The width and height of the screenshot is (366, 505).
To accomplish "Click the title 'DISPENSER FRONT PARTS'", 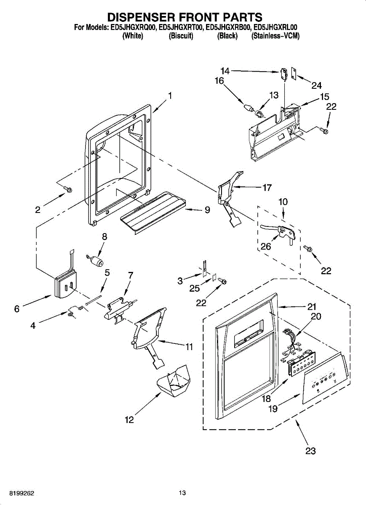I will (185, 17).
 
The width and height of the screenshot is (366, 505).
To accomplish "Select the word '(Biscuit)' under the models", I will (181, 36).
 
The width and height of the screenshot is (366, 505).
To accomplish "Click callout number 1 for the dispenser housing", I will (170, 96).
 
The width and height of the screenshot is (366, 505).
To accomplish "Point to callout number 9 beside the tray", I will (207, 210).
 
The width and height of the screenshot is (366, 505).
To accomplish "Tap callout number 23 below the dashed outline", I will (310, 451).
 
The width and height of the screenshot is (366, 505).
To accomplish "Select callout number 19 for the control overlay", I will (273, 408).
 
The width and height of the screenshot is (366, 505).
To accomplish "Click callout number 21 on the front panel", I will (311, 306).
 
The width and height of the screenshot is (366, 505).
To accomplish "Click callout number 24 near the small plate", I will (316, 86).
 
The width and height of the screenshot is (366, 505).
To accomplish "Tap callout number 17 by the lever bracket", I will (267, 188).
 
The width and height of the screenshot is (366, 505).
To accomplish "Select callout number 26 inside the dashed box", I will (265, 247).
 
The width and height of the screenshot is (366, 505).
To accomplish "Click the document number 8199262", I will (17, 493).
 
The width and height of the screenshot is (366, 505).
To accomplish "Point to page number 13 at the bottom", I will (182, 493).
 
